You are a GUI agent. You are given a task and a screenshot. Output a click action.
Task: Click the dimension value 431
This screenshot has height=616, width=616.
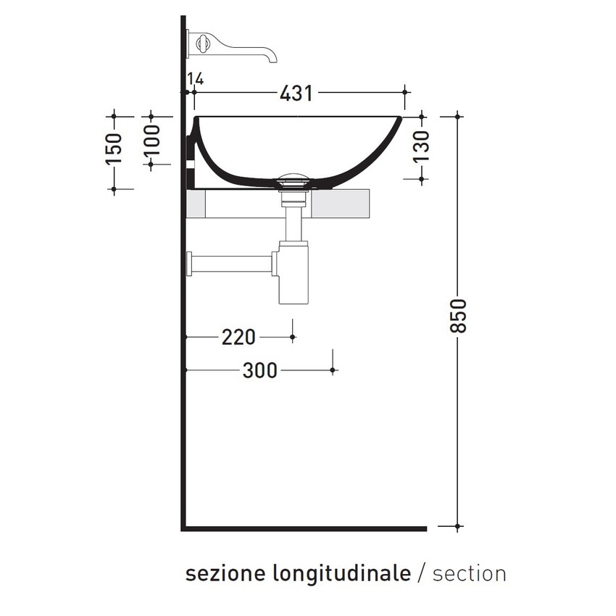tap(296, 93)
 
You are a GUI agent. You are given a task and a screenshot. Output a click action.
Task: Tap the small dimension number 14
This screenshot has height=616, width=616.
tap(194, 79)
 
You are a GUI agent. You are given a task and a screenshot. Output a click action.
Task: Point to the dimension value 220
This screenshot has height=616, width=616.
tap(238, 337)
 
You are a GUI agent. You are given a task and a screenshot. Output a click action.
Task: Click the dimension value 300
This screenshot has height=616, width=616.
tap(259, 370)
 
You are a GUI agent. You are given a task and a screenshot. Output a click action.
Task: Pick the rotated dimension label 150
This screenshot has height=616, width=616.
tap(114, 149)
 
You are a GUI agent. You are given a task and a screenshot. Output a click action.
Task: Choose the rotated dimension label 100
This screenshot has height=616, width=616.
tap(151, 145)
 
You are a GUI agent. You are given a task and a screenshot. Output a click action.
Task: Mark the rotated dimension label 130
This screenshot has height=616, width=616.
tap(421, 146)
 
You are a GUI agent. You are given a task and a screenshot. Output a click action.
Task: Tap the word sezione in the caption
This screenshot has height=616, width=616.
tap(225, 573)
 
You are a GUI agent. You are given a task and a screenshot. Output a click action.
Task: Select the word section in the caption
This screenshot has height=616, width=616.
tap(469, 573)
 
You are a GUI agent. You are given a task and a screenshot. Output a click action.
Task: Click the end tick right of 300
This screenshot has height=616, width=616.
tap(333, 370)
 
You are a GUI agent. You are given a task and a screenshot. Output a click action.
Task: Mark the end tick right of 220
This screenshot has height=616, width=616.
tap(293, 337)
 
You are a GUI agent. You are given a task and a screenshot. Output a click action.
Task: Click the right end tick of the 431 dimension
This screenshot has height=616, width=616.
tap(405, 92)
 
